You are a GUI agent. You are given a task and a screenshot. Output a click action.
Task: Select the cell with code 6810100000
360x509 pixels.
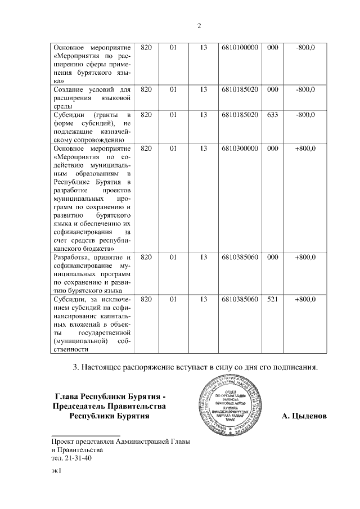click(x=240, y=48)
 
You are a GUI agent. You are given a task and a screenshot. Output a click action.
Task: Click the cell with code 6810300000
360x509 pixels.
click(x=240, y=148)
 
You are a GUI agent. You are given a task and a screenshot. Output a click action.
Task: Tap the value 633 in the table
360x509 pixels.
click(x=272, y=115)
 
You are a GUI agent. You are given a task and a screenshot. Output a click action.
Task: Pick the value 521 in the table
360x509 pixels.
click(x=272, y=300)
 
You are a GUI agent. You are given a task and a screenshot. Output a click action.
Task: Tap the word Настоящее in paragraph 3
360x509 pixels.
click(x=100, y=368)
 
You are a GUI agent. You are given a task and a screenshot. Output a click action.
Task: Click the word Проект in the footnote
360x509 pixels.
click(x=64, y=442)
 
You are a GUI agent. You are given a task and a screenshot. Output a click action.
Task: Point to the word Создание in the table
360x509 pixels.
click(x=69, y=89)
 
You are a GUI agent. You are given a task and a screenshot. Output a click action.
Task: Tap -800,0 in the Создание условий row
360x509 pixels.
click(x=305, y=89)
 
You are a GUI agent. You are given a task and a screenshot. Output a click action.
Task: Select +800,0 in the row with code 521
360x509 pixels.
click(x=305, y=300)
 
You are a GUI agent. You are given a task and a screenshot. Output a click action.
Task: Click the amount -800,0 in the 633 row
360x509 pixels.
click(x=305, y=115)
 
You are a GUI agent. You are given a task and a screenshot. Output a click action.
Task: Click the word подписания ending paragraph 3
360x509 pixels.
click(x=292, y=368)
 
